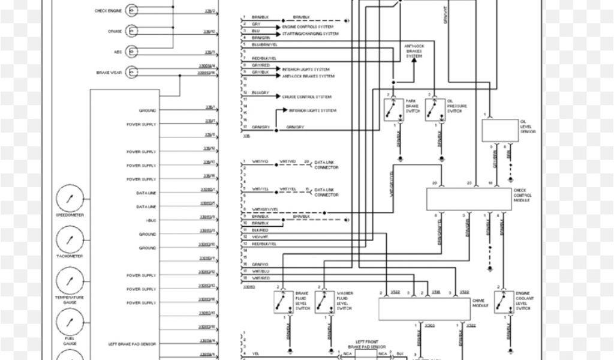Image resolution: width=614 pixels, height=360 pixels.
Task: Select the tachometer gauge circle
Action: coord(70,240)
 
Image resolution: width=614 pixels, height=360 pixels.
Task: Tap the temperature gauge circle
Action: coord(70,281)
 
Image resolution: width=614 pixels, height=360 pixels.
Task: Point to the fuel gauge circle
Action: coord(70,323)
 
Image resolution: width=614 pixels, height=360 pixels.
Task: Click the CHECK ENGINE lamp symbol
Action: coord(132,11)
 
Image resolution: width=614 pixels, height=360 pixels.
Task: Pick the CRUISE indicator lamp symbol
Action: coord(132,31)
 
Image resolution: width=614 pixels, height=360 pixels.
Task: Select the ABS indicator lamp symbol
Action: coord(132,52)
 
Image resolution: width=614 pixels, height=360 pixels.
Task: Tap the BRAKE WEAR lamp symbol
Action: coord(132,73)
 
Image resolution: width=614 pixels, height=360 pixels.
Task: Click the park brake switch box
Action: coord(393,110)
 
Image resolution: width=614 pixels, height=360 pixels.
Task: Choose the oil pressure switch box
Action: coord(435,110)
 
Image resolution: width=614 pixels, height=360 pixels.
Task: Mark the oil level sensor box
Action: coord(500,130)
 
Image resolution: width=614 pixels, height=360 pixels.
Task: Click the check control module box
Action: coord(469,199)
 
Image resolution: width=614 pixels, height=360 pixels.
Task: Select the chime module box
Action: coord(424,308)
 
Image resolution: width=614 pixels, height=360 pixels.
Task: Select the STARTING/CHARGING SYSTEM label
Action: coord(311,34)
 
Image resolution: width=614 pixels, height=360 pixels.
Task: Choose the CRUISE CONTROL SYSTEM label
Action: coord(307,97)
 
